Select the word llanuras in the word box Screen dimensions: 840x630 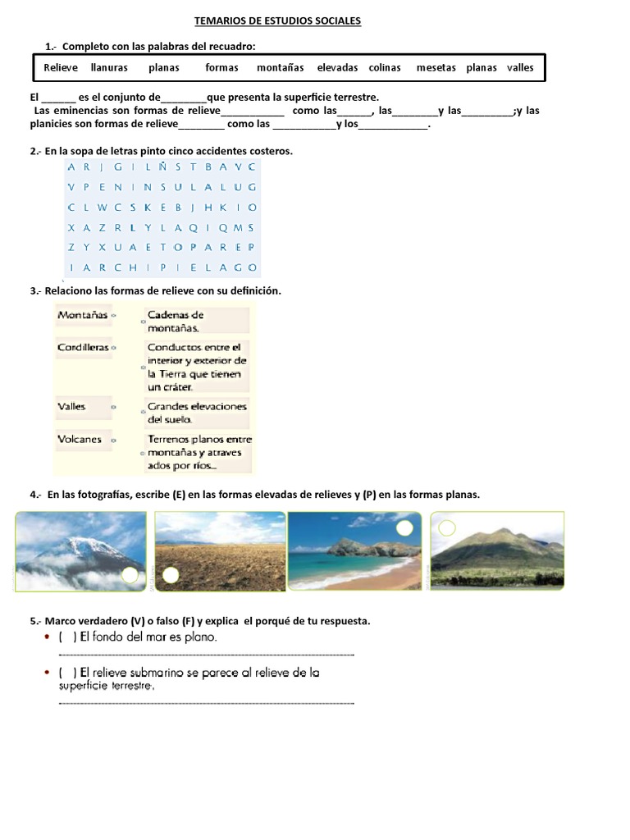point(109,68)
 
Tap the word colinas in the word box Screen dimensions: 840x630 point(385,68)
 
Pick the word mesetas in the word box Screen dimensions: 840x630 point(436,68)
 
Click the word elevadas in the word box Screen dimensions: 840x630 point(337,68)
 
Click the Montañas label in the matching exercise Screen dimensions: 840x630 point(82,315)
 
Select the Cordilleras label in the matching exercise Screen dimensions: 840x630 point(83,348)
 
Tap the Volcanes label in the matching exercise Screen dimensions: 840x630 point(80,440)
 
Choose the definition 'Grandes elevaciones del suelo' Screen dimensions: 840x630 point(197,413)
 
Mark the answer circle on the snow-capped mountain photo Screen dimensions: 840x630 point(130,575)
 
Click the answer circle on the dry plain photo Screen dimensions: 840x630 point(170,576)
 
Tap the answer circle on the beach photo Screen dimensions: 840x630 point(404,529)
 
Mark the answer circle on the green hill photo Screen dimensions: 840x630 point(447,528)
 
